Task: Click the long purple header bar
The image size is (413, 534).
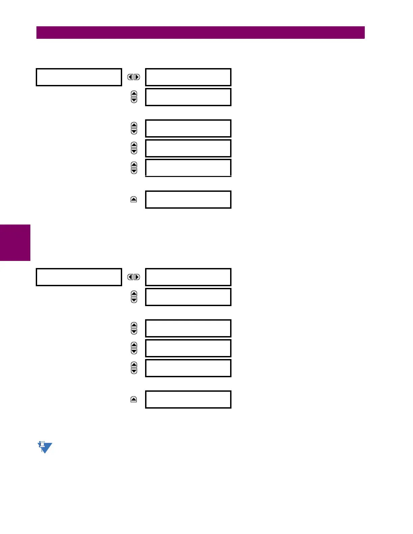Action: click(200, 33)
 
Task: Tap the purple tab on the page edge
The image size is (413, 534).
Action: click(15, 243)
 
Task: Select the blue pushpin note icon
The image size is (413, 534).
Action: click(45, 447)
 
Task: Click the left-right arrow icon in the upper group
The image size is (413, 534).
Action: click(134, 77)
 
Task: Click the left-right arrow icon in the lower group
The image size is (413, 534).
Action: click(134, 277)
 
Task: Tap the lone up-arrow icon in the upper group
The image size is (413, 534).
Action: click(134, 200)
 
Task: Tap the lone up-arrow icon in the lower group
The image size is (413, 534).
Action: click(134, 399)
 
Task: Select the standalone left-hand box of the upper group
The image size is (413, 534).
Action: click(79, 77)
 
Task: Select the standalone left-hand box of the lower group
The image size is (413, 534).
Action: click(79, 277)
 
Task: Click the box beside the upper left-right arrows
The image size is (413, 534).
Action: click(188, 77)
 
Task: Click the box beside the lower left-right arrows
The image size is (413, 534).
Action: click(188, 277)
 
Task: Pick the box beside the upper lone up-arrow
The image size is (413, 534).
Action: click(188, 200)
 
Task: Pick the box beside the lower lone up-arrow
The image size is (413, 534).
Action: click(188, 399)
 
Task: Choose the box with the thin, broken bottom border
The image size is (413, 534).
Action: click(188, 168)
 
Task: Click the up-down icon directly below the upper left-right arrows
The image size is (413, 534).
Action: click(134, 97)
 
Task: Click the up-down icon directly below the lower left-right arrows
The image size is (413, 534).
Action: click(134, 297)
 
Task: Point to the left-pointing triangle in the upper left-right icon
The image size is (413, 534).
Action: click(131, 77)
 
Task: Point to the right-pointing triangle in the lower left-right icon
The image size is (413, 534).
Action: click(137, 277)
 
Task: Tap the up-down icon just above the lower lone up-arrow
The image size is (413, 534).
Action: click(134, 368)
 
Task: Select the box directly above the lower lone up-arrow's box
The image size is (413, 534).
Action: click(188, 368)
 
